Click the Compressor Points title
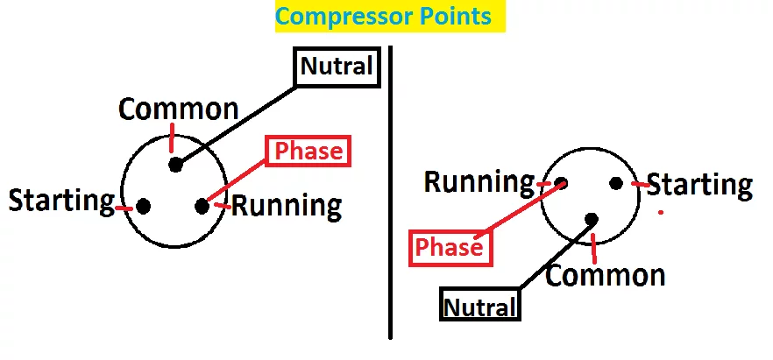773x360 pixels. (x=390, y=17)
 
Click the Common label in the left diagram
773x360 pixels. (x=179, y=109)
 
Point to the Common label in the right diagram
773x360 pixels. (x=605, y=275)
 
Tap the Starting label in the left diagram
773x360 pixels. (x=61, y=201)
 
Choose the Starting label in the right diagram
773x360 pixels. (x=699, y=185)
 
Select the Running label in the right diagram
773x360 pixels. (x=479, y=181)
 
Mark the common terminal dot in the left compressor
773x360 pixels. (x=175, y=165)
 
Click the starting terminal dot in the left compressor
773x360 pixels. (x=144, y=207)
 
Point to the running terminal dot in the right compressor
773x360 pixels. (x=561, y=184)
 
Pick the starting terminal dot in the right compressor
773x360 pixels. (x=616, y=184)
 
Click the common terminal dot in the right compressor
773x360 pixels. (x=592, y=219)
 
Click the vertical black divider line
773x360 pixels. (x=391, y=193)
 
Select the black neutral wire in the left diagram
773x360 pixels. (x=237, y=125)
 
